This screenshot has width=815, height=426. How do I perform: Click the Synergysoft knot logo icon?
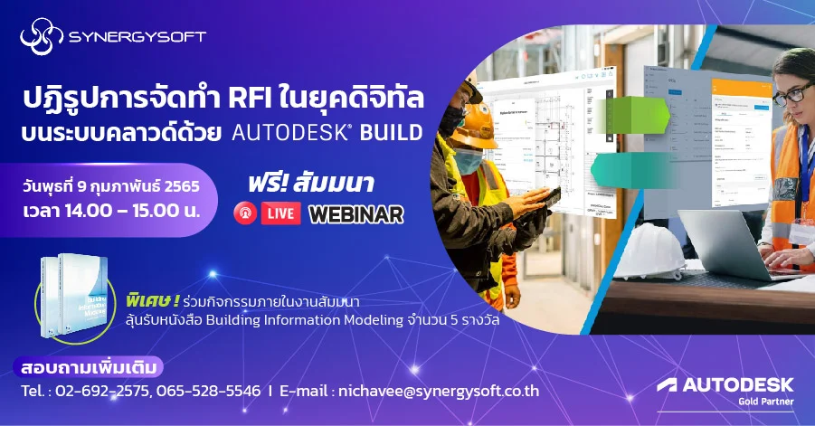click(x=42, y=38)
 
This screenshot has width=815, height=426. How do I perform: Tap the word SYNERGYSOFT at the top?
click(x=137, y=38)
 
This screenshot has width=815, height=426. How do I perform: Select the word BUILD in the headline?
click(x=392, y=132)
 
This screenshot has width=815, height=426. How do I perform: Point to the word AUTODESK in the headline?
click(x=290, y=132)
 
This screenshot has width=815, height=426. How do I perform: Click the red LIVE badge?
click(x=280, y=213)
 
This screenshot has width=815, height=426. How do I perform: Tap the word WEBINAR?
click(x=355, y=214)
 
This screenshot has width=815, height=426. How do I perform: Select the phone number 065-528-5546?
click(x=208, y=392)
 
